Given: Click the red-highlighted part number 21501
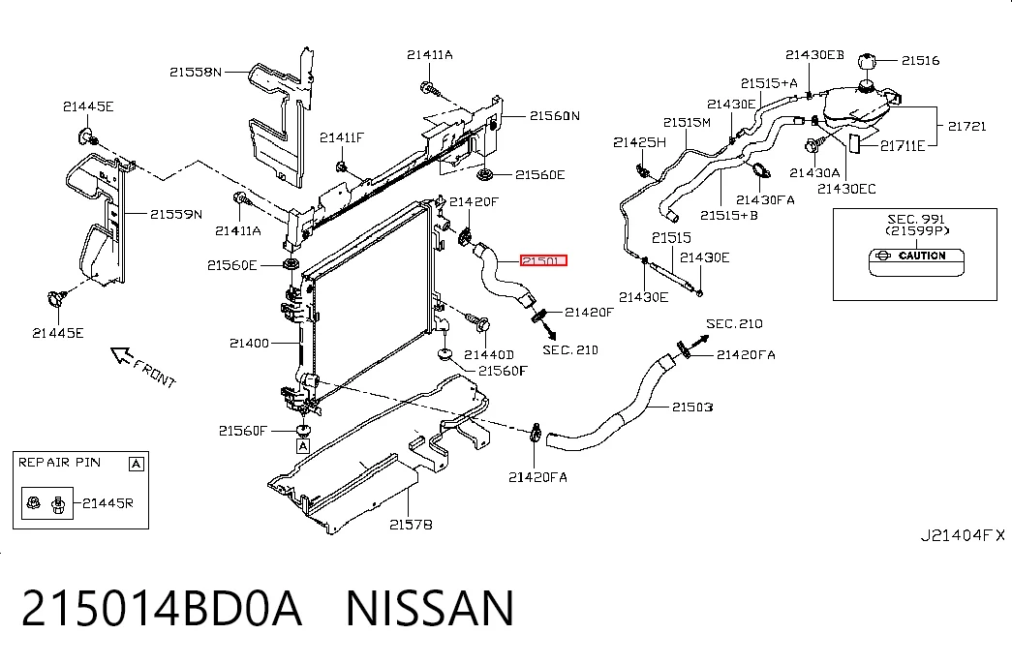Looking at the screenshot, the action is [543, 260].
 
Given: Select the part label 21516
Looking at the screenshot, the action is [920, 61].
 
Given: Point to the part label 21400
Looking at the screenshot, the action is [249, 344].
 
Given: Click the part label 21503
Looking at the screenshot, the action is [692, 407].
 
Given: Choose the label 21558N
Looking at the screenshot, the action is [196, 73].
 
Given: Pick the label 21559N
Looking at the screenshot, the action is [176, 214].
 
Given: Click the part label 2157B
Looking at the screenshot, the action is [411, 526].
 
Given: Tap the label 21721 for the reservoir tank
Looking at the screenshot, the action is [966, 127].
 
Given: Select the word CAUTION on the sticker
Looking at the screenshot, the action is [922, 256].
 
